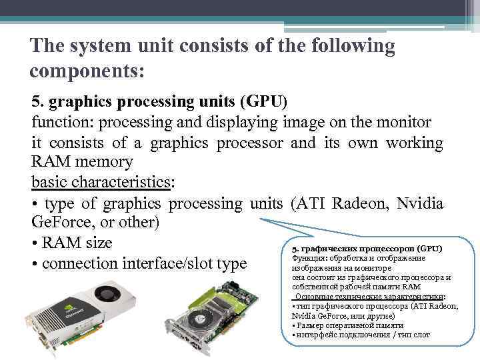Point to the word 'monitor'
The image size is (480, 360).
click(x=401, y=123)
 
